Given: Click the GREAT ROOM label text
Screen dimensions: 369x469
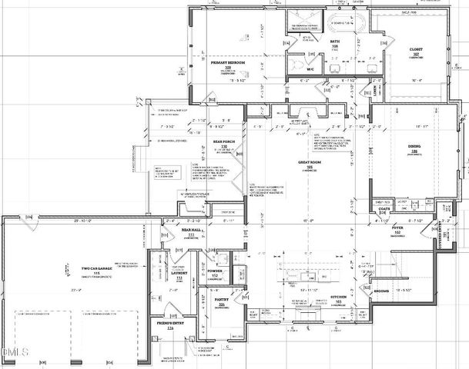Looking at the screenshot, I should [x=309, y=162].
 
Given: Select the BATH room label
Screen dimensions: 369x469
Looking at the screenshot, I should [x=335, y=43].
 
